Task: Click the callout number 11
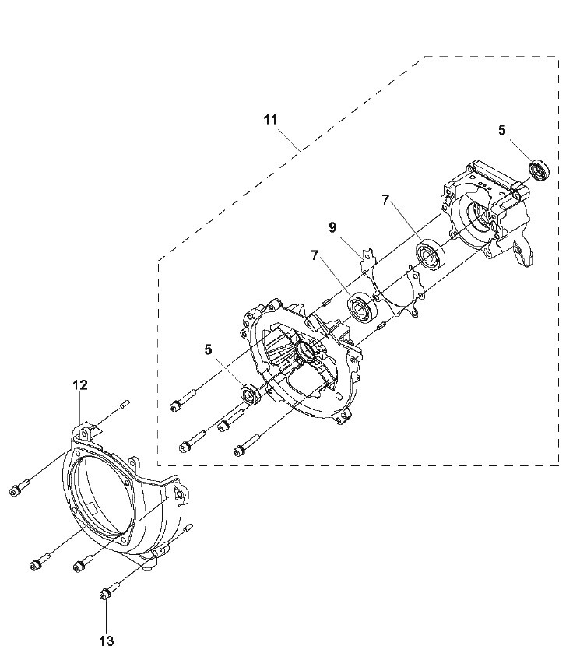[271, 120]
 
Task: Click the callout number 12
[80, 385]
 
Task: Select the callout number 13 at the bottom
[107, 641]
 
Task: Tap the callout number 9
[332, 227]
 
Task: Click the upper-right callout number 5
[502, 130]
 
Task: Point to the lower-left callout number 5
[208, 349]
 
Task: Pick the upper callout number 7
[385, 199]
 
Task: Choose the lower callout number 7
[315, 255]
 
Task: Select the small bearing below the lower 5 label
[251, 392]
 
